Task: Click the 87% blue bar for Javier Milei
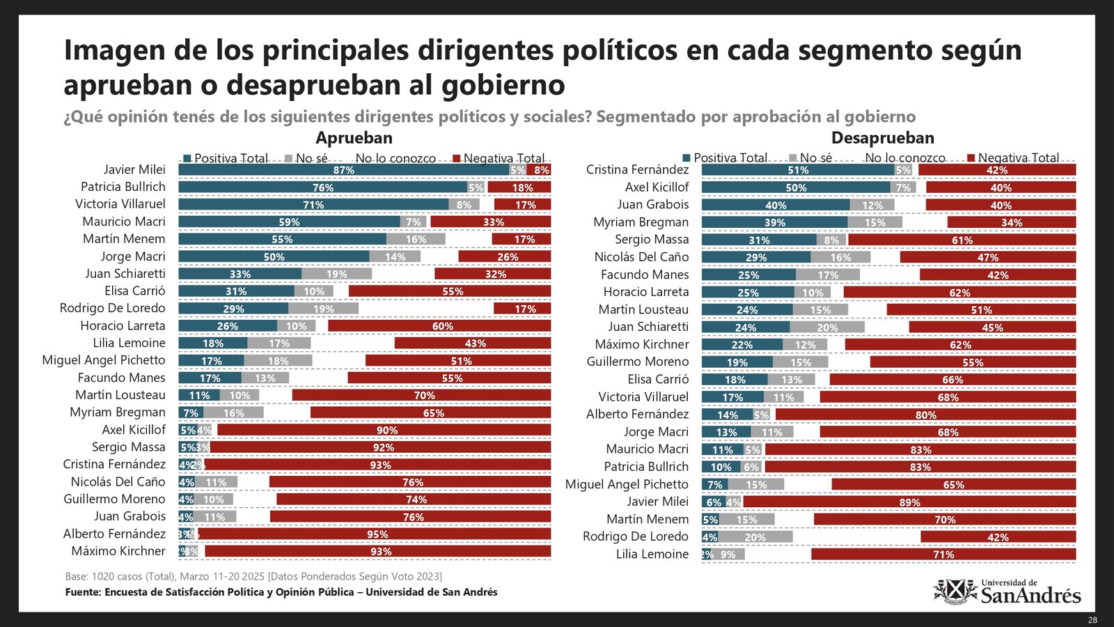(343, 170)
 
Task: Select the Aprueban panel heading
(354, 138)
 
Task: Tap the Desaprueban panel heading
(882, 138)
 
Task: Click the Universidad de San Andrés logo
(1007, 591)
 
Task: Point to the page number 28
(1092, 620)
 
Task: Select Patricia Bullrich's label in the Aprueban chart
(123, 187)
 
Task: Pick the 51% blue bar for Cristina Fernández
(798, 170)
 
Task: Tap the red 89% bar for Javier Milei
(909, 502)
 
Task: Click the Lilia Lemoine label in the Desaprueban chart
(652, 555)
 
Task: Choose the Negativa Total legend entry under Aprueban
(499, 159)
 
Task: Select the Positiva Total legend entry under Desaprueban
(725, 158)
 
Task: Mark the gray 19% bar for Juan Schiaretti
(337, 274)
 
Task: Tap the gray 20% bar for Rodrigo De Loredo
(755, 537)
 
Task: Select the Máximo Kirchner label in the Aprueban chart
(118, 551)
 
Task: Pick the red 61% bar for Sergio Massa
(962, 240)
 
